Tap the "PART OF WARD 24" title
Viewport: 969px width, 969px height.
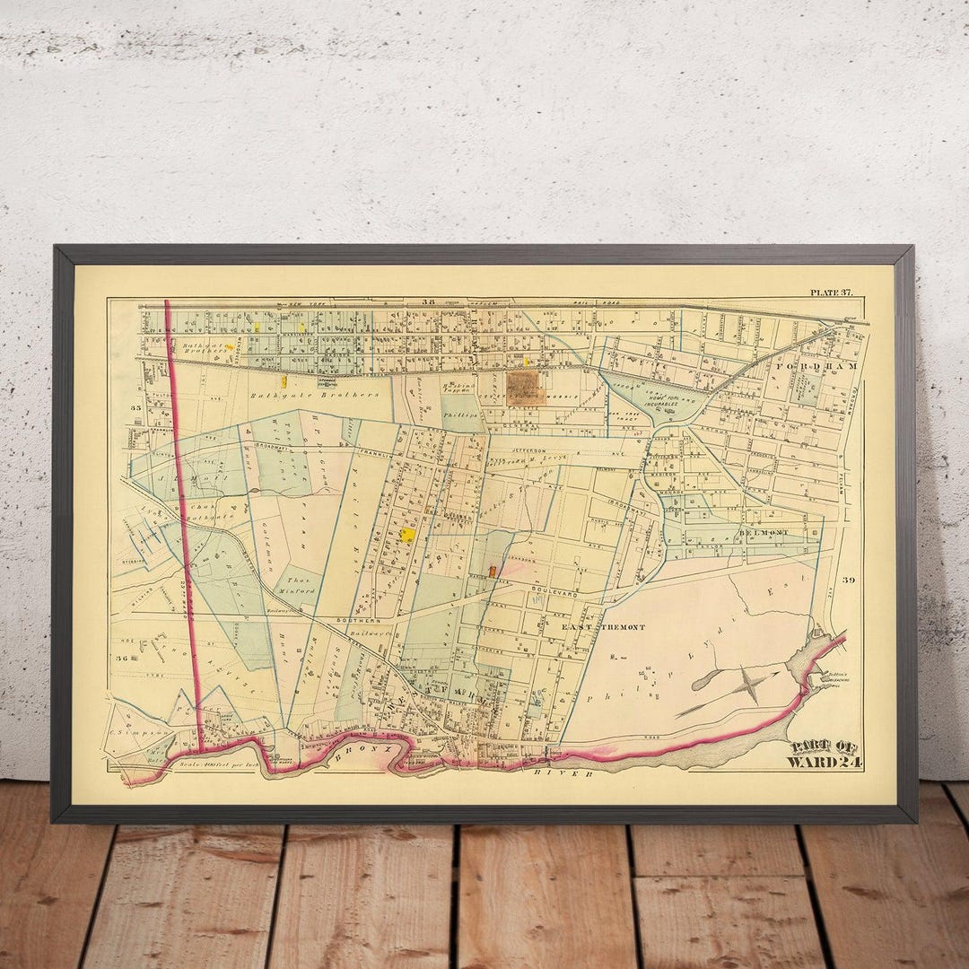click(x=824, y=755)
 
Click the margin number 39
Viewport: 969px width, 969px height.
click(x=848, y=581)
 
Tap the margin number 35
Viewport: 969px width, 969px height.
click(x=136, y=408)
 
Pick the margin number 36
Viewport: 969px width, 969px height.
click(x=123, y=658)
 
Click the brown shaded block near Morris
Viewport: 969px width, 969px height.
click(x=522, y=387)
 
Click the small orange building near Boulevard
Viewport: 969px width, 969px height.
click(x=493, y=572)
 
